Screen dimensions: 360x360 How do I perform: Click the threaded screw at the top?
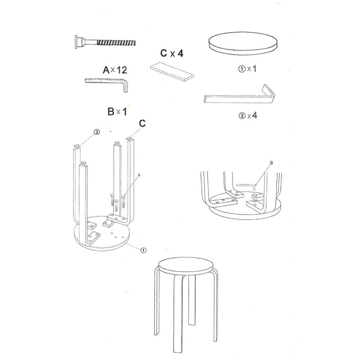click(x=105, y=42)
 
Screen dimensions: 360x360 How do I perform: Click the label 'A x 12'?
click(x=115, y=70)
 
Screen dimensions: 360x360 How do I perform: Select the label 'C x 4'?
click(x=172, y=53)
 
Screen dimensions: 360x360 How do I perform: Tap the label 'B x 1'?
click(x=117, y=112)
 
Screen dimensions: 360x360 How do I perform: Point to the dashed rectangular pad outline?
click(x=172, y=72)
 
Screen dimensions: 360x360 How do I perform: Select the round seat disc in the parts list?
click(x=243, y=44)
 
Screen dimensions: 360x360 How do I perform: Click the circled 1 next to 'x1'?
click(x=242, y=69)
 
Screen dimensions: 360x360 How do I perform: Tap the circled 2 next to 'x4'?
click(x=242, y=116)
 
